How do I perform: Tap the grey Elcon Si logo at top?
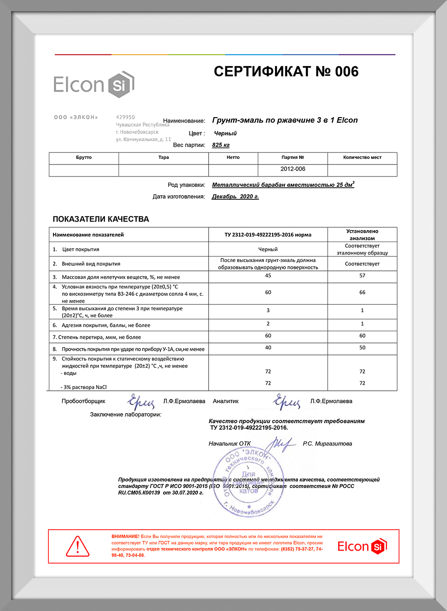click(x=94, y=85)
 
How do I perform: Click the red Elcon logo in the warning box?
click(x=362, y=546)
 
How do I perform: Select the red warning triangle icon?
click(x=78, y=546)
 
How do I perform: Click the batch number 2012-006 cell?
click(x=293, y=169)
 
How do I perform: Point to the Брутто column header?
click(x=84, y=158)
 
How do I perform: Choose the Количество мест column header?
click(x=362, y=158)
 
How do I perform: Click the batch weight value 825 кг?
click(x=221, y=145)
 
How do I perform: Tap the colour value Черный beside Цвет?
click(x=225, y=133)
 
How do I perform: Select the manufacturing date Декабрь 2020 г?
click(x=235, y=197)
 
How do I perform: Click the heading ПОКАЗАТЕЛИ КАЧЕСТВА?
click(x=101, y=219)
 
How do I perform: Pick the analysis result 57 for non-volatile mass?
click(x=362, y=276)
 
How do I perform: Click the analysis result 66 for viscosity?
click(x=362, y=292)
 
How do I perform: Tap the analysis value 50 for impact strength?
click(x=362, y=348)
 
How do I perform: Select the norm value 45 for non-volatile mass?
click(x=268, y=276)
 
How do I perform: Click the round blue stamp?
click(x=249, y=481)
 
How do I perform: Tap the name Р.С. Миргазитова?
click(x=327, y=444)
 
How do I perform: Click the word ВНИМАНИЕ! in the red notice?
click(x=125, y=537)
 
